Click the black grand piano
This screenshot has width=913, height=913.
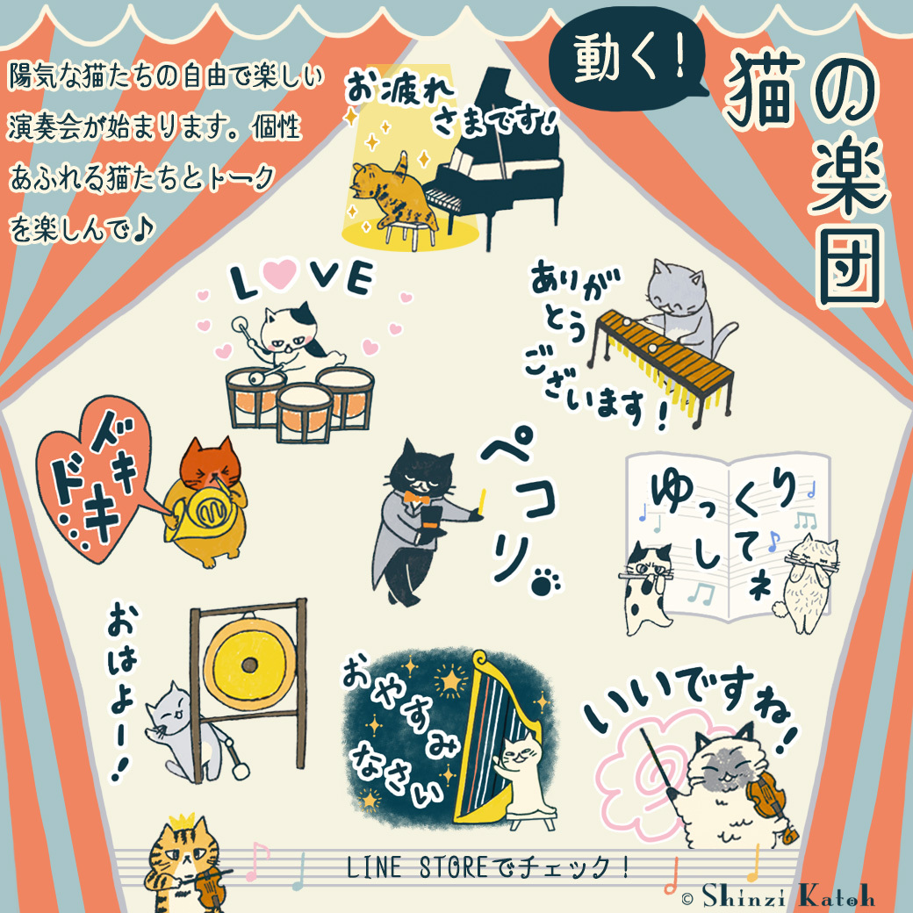495,169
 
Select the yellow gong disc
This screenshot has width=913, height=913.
249,664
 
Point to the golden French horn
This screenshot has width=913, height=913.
201,513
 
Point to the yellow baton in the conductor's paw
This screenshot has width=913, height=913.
482,502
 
